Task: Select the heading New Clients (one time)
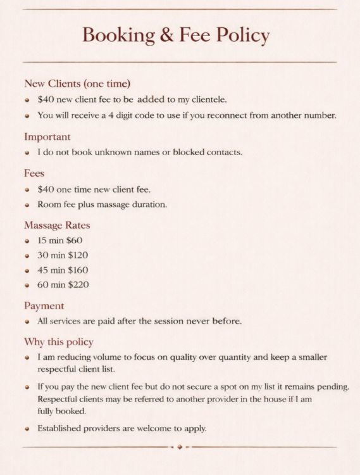pyautogui.click(x=77, y=84)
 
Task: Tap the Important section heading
pyautogui.click(x=47, y=137)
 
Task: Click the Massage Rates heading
pyautogui.click(x=57, y=225)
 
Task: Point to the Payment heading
pyautogui.click(x=44, y=306)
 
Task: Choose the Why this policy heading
pyautogui.click(x=59, y=341)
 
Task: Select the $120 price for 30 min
pyautogui.click(x=78, y=255)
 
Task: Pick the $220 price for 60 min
pyautogui.click(x=78, y=284)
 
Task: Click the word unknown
pyautogui.click(x=101, y=152)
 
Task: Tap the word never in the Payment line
pyautogui.click(x=196, y=321)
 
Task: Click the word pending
pyautogui.click(x=333, y=386)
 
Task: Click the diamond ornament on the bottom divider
pyautogui.click(x=180, y=447)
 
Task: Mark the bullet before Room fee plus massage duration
pyautogui.click(x=27, y=205)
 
